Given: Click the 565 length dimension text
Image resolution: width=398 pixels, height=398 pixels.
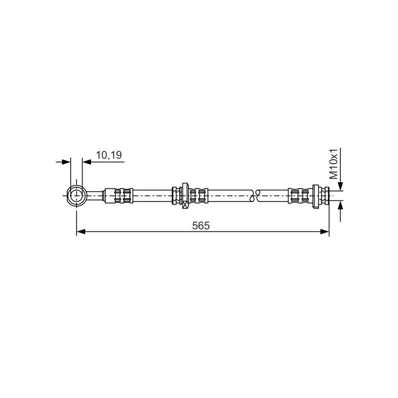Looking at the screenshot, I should point(201,225).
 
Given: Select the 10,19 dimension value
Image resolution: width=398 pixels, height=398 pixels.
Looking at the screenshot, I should point(108,155).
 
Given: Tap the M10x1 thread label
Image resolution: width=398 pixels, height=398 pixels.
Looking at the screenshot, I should point(333,164).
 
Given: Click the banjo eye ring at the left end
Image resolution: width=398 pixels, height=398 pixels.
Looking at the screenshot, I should point(77,195).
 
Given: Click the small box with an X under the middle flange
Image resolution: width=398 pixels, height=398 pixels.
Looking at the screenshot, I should point(185,204).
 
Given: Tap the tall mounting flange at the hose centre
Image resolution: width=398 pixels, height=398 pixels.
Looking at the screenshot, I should point(185,194).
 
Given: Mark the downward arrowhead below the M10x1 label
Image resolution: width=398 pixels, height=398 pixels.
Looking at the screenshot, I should point(340,186).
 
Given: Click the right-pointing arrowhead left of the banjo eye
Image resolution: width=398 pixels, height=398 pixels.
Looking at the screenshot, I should point(67,161).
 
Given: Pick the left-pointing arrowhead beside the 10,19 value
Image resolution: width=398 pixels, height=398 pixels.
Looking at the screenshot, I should point(87,161).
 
